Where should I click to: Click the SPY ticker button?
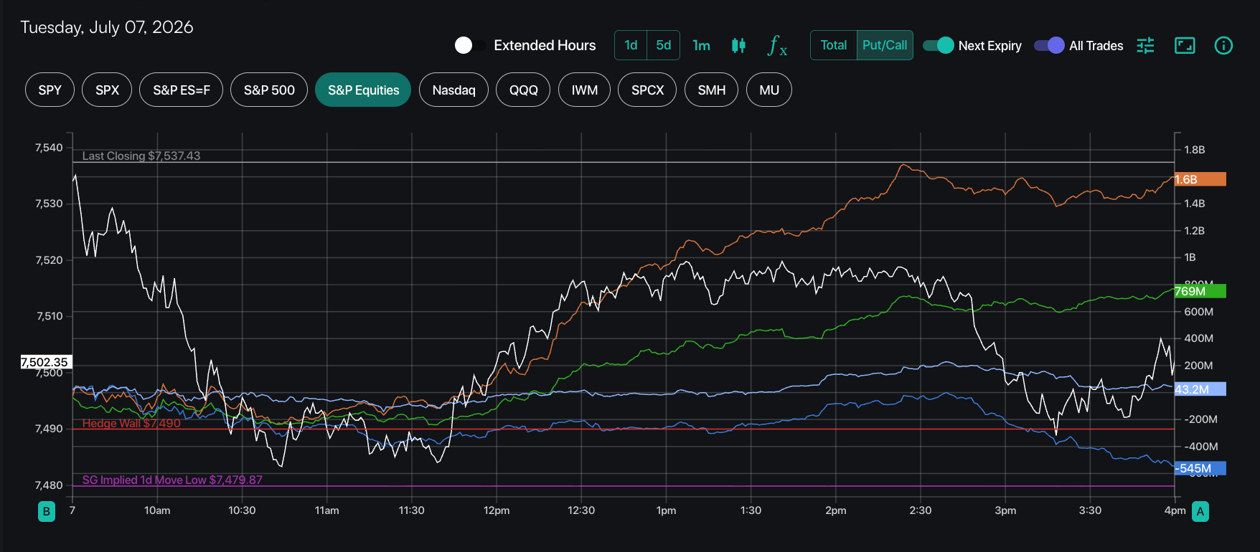50,90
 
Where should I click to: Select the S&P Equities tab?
363,90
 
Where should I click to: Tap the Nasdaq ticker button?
453,90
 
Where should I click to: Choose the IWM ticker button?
584,90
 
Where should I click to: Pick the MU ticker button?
769,90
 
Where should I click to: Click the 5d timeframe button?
664,45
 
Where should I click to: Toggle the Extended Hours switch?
470,45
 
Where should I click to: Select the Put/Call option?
885,45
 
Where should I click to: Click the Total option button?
834,45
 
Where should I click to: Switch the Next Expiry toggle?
939,45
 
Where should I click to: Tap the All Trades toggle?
1049,45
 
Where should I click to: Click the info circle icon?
1223,46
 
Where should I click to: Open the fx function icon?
777,46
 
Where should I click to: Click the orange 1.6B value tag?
1200,179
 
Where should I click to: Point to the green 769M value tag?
1200,291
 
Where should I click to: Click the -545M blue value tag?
1200,468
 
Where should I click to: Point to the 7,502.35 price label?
45,362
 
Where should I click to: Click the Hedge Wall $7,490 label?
131,423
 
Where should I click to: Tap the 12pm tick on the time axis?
497,510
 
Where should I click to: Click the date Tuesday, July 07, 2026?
107,27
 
